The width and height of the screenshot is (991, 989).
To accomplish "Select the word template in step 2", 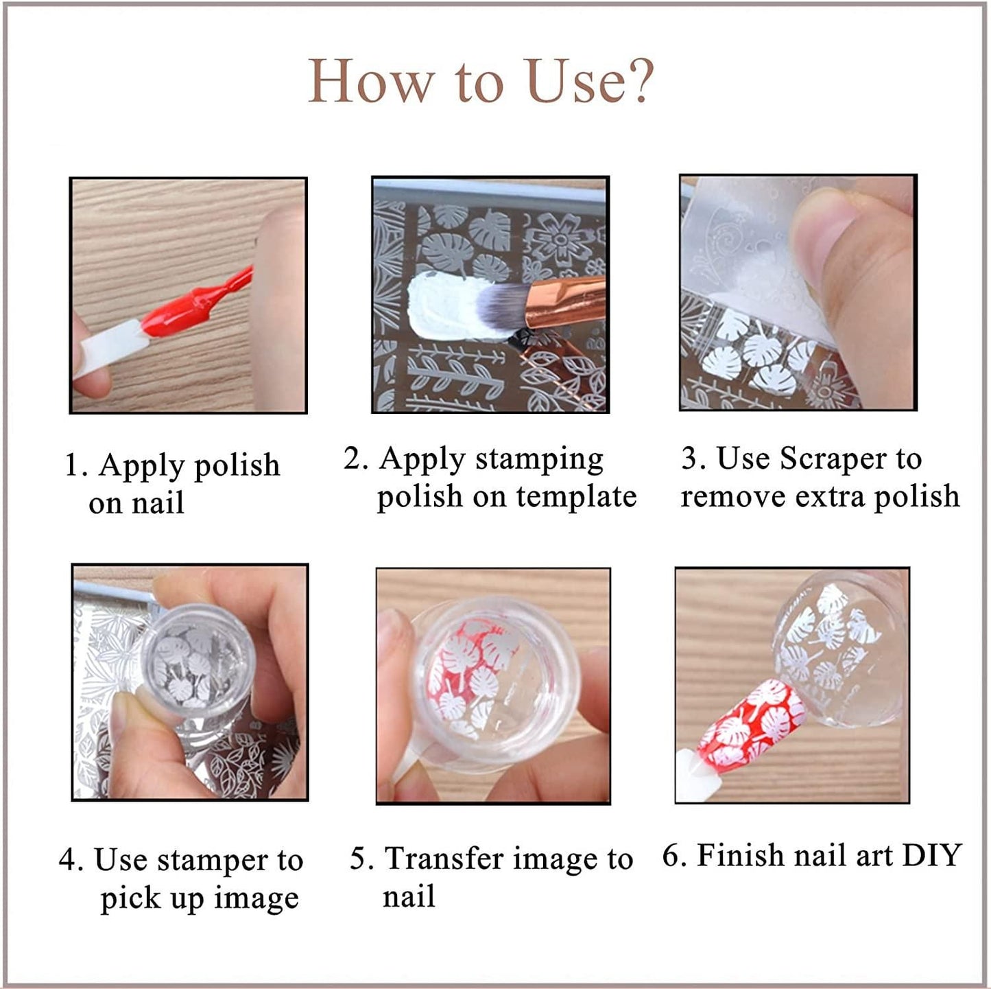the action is coord(577,498).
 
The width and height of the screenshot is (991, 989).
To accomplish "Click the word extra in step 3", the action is coord(829,498).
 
